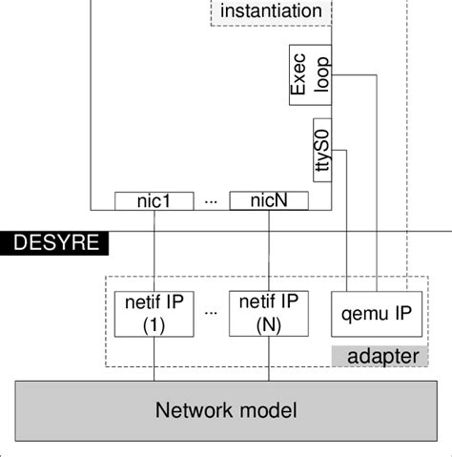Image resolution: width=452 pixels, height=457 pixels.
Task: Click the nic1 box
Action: coord(153,200)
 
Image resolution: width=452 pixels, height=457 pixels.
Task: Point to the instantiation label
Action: coord(271,12)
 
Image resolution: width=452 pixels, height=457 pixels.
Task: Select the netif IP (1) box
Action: coord(154,313)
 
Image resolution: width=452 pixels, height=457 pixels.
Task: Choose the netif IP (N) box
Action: coord(269,313)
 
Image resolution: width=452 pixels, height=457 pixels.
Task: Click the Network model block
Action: coord(226,410)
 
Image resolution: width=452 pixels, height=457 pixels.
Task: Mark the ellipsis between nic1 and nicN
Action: coord(211,201)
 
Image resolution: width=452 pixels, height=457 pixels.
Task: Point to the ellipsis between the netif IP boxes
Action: coord(211,313)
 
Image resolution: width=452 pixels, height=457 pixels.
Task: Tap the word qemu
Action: coord(357,313)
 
